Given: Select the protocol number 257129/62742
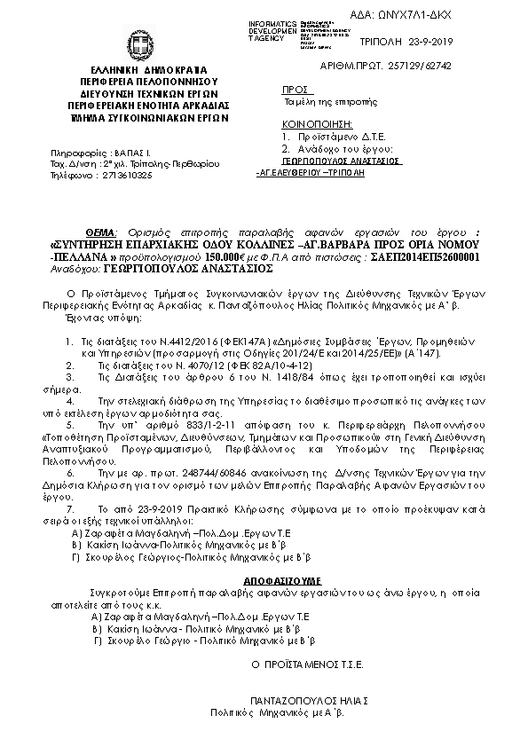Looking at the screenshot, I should [479, 66].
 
